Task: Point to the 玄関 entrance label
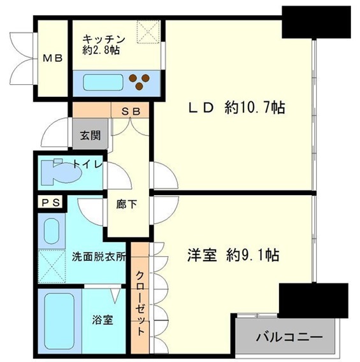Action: [x=90, y=135]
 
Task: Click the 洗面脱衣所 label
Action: [x=98, y=257]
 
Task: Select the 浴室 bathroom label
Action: [x=104, y=320]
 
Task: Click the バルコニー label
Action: [x=289, y=336]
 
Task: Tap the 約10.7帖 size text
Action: [x=253, y=108]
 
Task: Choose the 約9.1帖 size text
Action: [x=252, y=256]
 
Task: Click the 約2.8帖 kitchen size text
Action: [x=101, y=50]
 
